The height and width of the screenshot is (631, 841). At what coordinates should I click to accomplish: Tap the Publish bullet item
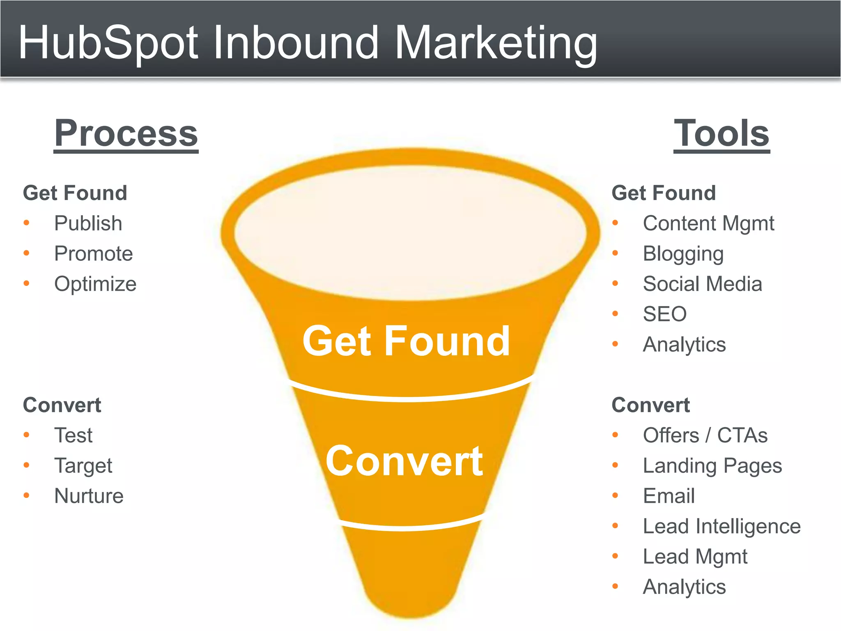click(x=88, y=223)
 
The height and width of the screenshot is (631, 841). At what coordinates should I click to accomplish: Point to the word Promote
click(x=94, y=253)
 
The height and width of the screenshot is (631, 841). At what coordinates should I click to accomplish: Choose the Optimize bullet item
click(x=95, y=284)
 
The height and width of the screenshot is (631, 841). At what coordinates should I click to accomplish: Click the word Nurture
click(x=89, y=496)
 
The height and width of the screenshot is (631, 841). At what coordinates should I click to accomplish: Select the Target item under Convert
click(x=83, y=466)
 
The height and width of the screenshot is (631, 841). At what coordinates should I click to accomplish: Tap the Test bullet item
click(x=74, y=435)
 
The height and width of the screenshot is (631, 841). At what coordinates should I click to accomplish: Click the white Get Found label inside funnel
click(x=406, y=341)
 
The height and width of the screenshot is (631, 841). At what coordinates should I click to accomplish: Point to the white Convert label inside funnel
click(x=404, y=461)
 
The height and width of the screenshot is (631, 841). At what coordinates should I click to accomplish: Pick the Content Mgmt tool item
click(x=708, y=223)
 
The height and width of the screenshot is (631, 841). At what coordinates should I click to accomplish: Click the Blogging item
click(x=683, y=254)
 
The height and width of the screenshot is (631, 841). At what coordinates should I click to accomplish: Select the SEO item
click(x=665, y=314)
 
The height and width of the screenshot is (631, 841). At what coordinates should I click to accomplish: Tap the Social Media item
click(x=703, y=284)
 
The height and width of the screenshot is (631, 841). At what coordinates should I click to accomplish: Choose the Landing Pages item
click(x=712, y=466)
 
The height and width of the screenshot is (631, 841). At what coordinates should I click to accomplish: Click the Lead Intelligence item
click(x=722, y=526)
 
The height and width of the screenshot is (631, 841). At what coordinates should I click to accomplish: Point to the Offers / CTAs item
click(x=705, y=435)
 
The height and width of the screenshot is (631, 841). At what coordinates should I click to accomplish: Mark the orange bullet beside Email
click(x=615, y=496)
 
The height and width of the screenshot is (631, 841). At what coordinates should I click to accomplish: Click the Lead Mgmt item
click(x=695, y=557)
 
